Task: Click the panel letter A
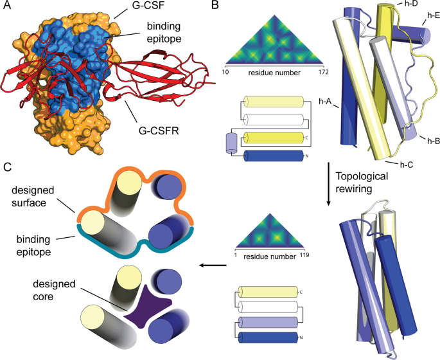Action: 7,6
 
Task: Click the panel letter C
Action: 7,168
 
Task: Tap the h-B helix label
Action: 427,139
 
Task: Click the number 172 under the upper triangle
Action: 314,73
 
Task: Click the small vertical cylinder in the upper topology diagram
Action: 232,143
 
